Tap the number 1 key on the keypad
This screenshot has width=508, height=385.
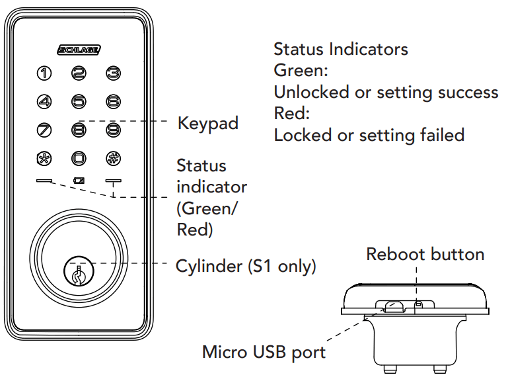click(44, 73)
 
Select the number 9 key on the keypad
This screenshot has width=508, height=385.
click(113, 130)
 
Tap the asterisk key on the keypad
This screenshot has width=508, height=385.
click(44, 158)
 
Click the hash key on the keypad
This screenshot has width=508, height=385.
click(113, 158)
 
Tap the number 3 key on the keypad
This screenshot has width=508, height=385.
click(113, 73)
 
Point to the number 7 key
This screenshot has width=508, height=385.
click(44, 130)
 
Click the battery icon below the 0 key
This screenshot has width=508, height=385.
click(79, 180)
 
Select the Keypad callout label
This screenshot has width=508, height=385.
click(207, 124)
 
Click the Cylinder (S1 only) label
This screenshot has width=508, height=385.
click(246, 267)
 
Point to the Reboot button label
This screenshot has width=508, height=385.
click(425, 255)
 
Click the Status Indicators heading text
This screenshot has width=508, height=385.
click(340, 49)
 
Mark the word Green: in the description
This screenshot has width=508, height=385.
click(301, 70)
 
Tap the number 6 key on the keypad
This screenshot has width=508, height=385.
click(113, 101)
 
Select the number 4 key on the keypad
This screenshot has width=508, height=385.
click(44, 101)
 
